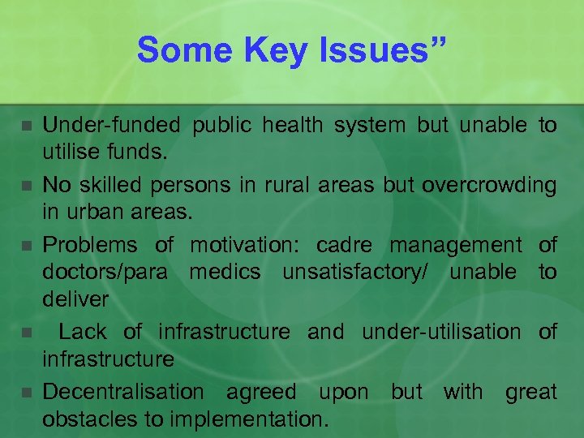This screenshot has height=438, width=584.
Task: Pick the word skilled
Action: (x=112, y=185)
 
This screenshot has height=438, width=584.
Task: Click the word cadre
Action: (x=346, y=244)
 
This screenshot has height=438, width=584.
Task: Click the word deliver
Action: (x=75, y=299)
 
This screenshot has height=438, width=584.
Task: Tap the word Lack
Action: (x=82, y=332)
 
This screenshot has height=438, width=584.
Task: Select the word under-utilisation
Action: (x=441, y=332)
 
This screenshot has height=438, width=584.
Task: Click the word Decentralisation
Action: (x=123, y=392)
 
